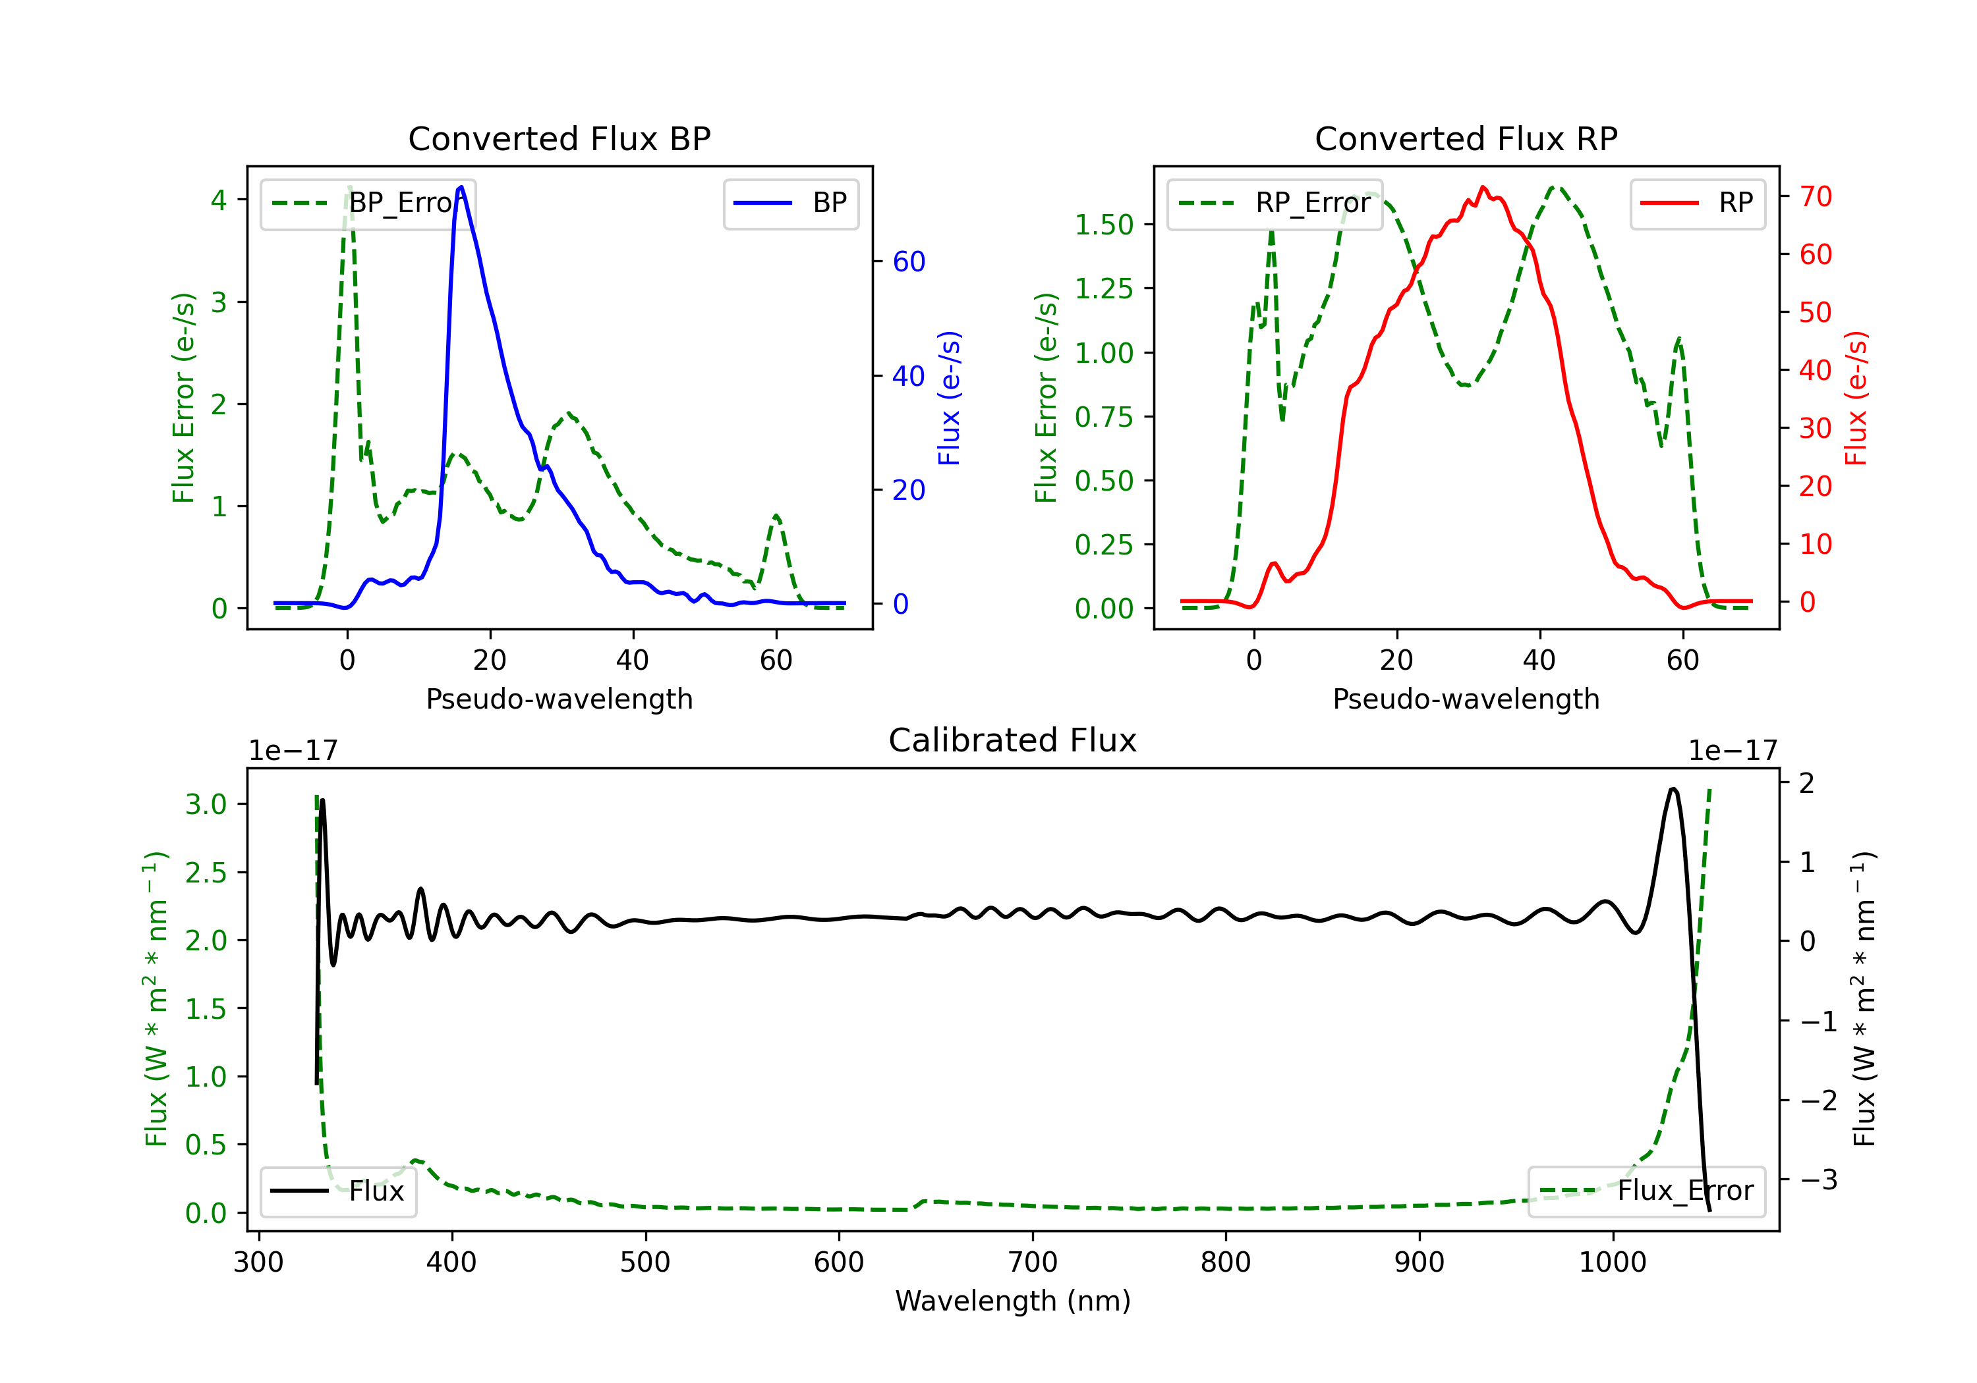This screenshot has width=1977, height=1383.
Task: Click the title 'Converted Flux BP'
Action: (559, 138)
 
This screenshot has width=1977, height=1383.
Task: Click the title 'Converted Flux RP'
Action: (1466, 138)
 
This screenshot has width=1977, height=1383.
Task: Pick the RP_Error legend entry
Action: (1275, 203)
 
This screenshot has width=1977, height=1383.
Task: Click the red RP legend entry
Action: (1697, 203)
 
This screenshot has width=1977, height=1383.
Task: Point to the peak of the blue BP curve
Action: (461, 187)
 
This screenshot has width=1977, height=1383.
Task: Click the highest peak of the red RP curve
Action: (1483, 187)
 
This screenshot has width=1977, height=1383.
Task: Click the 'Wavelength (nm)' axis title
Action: (1013, 1301)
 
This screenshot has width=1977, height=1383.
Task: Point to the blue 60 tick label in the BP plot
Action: (908, 261)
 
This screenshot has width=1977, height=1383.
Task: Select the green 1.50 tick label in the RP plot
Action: (1103, 225)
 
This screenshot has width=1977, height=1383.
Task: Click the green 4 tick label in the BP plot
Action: (219, 200)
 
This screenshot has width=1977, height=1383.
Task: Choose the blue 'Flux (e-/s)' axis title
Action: (949, 398)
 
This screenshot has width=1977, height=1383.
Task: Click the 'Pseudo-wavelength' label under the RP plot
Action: (1466, 699)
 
